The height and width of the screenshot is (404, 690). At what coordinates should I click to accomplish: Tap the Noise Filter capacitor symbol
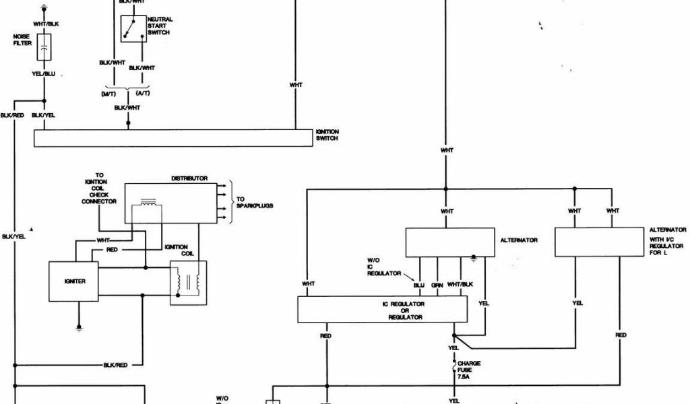(x=44, y=48)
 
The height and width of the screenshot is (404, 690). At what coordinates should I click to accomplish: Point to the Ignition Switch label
(x=327, y=135)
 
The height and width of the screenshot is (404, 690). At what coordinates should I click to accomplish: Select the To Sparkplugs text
(x=254, y=201)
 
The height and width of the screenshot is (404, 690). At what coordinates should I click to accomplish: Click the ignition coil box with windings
(x=189, y=283)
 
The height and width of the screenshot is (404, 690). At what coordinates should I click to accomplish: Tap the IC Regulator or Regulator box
(x=382, y=309)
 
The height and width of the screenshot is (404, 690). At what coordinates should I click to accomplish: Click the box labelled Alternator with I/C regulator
(x=599, y=242)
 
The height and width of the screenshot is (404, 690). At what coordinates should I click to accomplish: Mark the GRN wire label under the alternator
(x=437, y=285)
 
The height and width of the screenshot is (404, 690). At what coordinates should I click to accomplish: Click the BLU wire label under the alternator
(x=419, y=285)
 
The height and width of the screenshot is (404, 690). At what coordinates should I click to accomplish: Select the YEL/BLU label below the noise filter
(x=44, y=74)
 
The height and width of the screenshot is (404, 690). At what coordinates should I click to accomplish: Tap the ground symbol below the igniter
(x=80, y=329)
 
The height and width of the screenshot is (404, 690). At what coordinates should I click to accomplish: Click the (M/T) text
(x=108, y=94)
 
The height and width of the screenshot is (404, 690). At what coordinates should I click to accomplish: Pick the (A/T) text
(x=143, y=94)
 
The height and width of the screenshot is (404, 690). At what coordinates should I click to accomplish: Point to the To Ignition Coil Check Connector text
(x=99, y=188)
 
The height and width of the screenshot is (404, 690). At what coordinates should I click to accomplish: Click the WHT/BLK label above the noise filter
(x=45, y=24)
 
